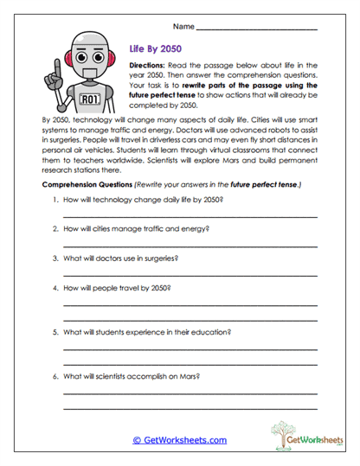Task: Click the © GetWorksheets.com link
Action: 179,440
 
